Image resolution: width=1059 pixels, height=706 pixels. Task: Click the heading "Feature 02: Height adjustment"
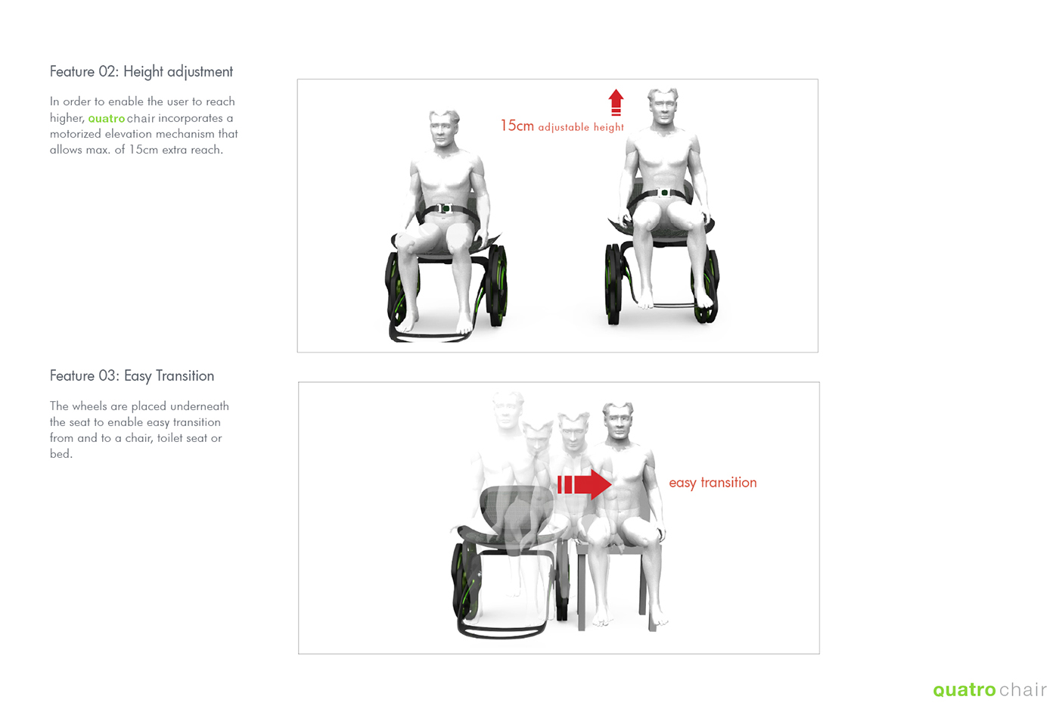[141, 71]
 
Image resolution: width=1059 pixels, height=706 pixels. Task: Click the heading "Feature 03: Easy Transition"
[132, 375]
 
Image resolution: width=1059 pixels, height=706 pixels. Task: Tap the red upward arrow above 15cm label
[616, 102]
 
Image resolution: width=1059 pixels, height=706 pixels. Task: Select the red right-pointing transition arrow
[584, 484]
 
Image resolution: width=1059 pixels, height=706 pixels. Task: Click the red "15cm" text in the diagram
[517, 126]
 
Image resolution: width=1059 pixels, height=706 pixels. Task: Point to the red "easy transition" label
[713, 483]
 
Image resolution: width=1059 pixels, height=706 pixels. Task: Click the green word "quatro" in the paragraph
[107, 118]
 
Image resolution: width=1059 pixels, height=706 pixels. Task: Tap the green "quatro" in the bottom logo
[964, 690]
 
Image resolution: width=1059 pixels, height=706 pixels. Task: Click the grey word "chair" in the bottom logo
[1023, 689]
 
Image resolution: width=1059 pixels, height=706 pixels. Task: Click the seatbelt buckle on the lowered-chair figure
[445, 208]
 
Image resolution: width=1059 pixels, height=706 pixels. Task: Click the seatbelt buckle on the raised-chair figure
[664, 192]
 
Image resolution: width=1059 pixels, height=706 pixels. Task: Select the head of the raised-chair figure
[663, 107]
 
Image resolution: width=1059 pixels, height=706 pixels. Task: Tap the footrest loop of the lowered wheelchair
[430, 336]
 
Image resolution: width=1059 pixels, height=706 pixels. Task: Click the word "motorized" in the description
[76, 134]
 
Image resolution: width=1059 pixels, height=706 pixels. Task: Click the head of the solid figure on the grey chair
[618, 421]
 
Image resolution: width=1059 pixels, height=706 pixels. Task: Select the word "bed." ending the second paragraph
[61, 453]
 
